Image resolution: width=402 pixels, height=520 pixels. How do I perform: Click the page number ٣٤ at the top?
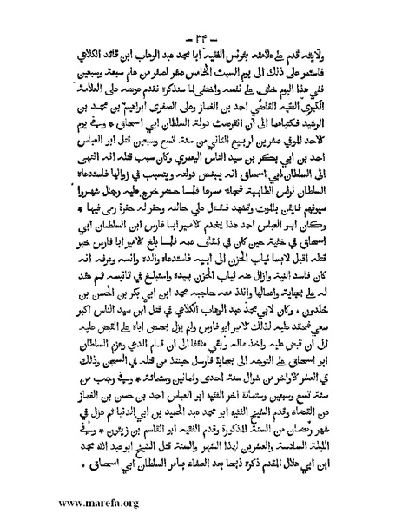[x=201, y=18]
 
